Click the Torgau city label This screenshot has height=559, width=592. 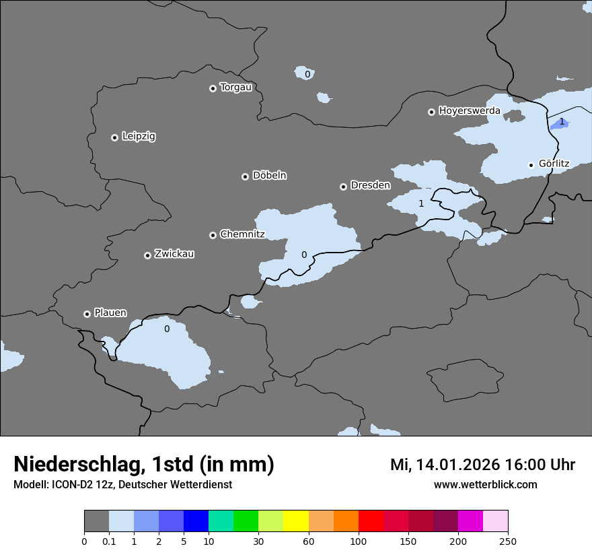pyautogui.click(x=235, y=88)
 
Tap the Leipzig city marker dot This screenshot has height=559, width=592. pyautogui.click(x=114, y=137)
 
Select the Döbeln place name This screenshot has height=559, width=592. pyautogui.click(x=269, y=176)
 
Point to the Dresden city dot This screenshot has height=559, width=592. pyautogui.click(x=343, y=187)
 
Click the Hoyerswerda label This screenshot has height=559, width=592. pyautogui.click(x=470, y=110)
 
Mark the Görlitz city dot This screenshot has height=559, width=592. pyautogui.click(x=531, y=165)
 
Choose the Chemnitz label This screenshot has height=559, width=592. pyautogui.click(x=242, y=234)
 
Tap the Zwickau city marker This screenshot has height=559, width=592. pyautogui.click(x=147, y=255)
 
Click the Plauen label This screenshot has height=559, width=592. pyautogui.click(x=110, y=313)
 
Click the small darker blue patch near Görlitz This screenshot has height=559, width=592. pyautogui.click(x=560, y=123)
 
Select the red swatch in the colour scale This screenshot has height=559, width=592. pyautogui.click(x=371, y=521)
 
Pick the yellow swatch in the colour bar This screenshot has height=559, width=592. pyautogui.click(x=296, y=521)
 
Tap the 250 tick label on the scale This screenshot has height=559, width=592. pyautogui.click(x=507, y=541)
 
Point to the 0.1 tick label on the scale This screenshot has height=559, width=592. pyautogui.click(x=109, y=541)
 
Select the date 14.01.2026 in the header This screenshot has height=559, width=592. pyautogui.click(x=455, y=465)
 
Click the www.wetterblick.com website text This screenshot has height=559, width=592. pyautogui.click(x=485, y=484)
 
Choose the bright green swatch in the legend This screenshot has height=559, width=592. pyautogui.click(x=246, y=521)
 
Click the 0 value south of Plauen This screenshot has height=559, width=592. pyautogui.click(x=167, y=329)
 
